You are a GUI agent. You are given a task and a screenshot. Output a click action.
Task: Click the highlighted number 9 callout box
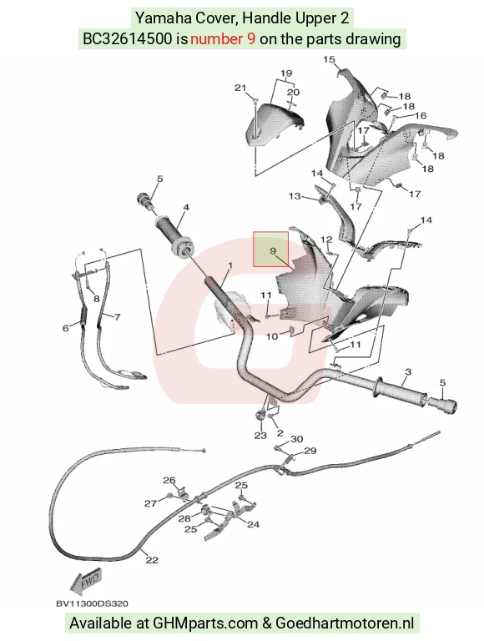270,250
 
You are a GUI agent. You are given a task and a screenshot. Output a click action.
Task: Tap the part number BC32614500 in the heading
127,39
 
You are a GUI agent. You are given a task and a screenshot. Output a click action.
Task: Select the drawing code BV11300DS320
92,603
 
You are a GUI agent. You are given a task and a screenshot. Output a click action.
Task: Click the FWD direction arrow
85,582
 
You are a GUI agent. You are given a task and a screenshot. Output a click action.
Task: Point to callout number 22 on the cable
152,560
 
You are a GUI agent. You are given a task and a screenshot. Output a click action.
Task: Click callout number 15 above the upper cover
329,60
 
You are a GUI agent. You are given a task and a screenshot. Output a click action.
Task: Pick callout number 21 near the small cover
240,88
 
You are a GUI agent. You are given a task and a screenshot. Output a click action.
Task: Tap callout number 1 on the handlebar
230,265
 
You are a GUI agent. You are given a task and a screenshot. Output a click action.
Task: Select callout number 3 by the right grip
408,372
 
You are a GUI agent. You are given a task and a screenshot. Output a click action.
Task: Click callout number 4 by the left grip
186,207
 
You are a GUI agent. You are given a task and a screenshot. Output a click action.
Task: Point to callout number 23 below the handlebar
260,436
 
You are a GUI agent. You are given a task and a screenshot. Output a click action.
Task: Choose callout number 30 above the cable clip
297,439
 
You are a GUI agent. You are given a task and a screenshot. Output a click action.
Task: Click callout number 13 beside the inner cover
295,196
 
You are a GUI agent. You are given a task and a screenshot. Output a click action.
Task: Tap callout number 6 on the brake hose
65,328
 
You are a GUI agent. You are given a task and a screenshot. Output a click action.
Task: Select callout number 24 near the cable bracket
254,524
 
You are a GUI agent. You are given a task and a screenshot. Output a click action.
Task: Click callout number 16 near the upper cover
421,116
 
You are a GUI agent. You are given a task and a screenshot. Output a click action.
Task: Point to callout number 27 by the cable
150,503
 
